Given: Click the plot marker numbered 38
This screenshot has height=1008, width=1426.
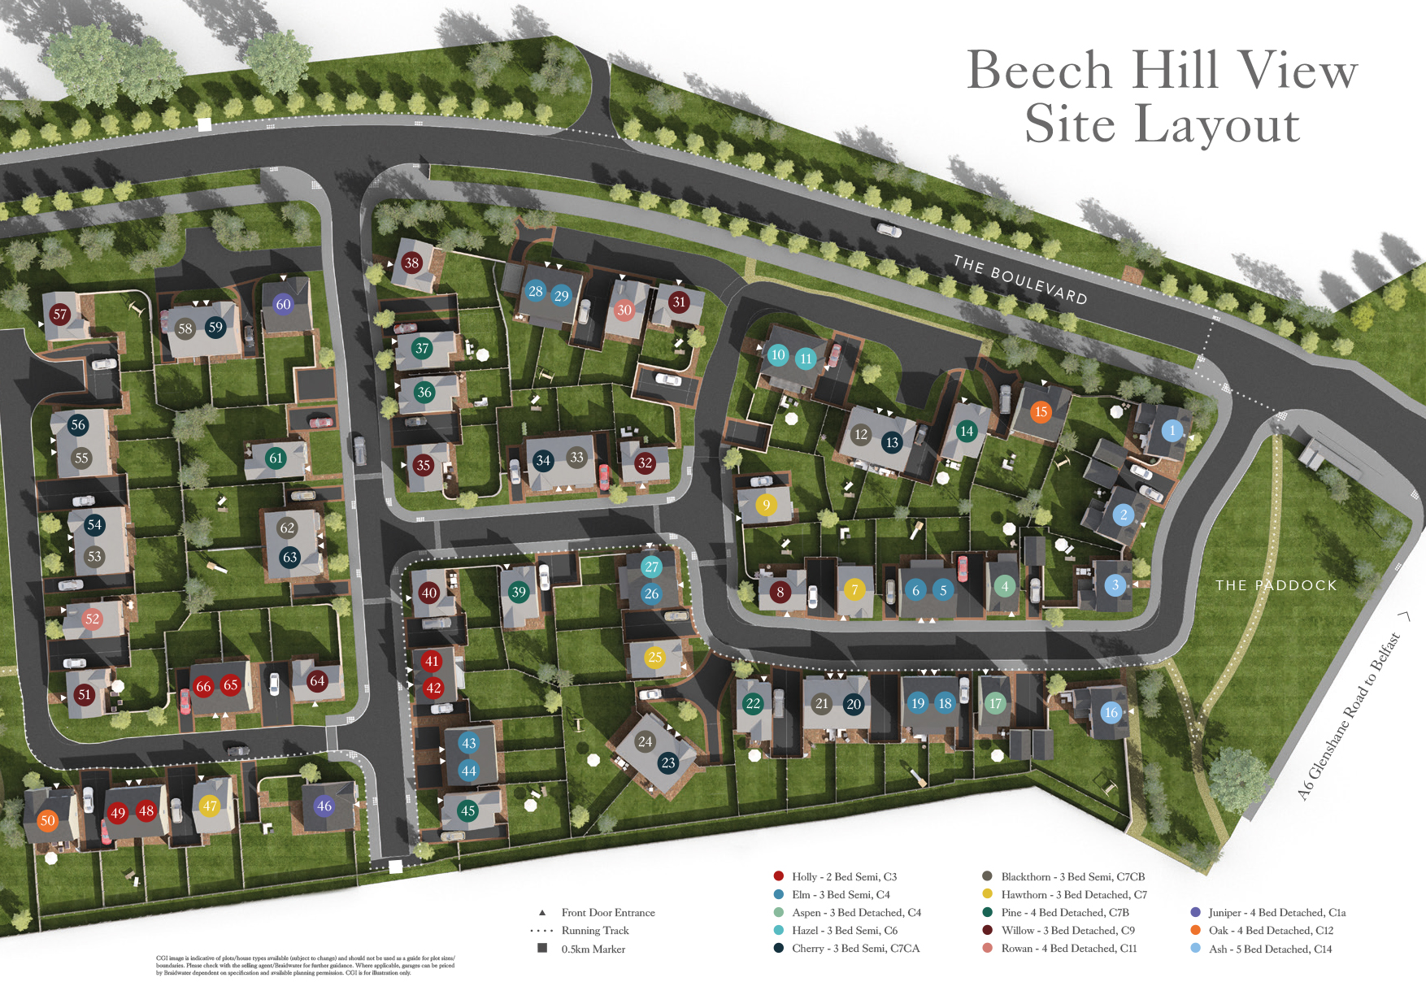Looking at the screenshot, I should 412,263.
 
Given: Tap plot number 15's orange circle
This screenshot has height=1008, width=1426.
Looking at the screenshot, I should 1041,411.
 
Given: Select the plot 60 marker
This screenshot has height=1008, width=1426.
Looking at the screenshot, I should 283,304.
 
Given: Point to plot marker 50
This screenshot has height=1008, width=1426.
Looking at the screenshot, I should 48,820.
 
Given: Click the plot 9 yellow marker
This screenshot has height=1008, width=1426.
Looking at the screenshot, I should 766,505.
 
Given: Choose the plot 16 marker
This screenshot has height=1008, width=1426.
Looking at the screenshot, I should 1111,713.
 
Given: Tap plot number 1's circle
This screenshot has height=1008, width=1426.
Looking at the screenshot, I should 1172,430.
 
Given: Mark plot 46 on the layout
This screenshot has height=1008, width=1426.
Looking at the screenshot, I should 324,806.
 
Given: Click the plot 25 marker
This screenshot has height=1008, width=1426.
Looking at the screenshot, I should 655,657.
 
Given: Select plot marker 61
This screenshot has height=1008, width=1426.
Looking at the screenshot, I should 276,458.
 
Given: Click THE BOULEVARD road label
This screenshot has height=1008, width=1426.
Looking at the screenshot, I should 1020,280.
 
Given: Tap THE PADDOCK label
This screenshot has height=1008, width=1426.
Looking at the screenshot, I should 1276,585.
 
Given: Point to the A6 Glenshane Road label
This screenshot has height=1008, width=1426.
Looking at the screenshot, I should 1350,716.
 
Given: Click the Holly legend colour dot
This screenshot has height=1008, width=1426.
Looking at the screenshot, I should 778,876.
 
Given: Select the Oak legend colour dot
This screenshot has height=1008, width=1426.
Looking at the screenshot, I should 1195,930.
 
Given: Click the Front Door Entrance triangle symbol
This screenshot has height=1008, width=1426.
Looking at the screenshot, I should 542,912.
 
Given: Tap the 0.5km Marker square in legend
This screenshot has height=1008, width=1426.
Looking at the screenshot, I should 542,948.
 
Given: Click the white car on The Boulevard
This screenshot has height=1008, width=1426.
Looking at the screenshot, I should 889,231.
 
